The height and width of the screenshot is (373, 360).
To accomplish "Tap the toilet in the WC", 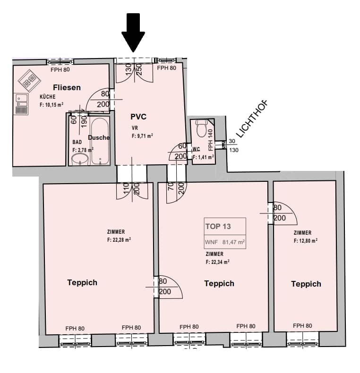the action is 202,128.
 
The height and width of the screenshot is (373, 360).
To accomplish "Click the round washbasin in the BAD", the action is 80,160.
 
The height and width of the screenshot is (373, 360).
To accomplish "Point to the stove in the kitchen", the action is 29,80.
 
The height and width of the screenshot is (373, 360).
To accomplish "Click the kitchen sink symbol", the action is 21,104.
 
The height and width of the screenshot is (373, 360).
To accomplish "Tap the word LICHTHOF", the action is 253,119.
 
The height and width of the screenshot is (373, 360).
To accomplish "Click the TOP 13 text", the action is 218,226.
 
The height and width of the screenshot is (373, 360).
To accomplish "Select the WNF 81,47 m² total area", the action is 225,242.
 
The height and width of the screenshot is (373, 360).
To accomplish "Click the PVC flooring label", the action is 138,117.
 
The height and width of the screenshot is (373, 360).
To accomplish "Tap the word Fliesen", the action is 67,87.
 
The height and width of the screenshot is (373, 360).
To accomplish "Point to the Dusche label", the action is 99,137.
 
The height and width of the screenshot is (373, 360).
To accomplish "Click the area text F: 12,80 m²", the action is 306,241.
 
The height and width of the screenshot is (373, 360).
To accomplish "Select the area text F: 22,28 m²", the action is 119,240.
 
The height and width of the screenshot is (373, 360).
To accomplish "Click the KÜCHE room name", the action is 48,97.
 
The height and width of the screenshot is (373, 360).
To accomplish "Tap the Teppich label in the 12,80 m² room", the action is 306,284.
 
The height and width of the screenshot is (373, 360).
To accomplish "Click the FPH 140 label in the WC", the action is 210,140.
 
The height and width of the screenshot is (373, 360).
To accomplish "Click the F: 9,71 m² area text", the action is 142,136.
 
